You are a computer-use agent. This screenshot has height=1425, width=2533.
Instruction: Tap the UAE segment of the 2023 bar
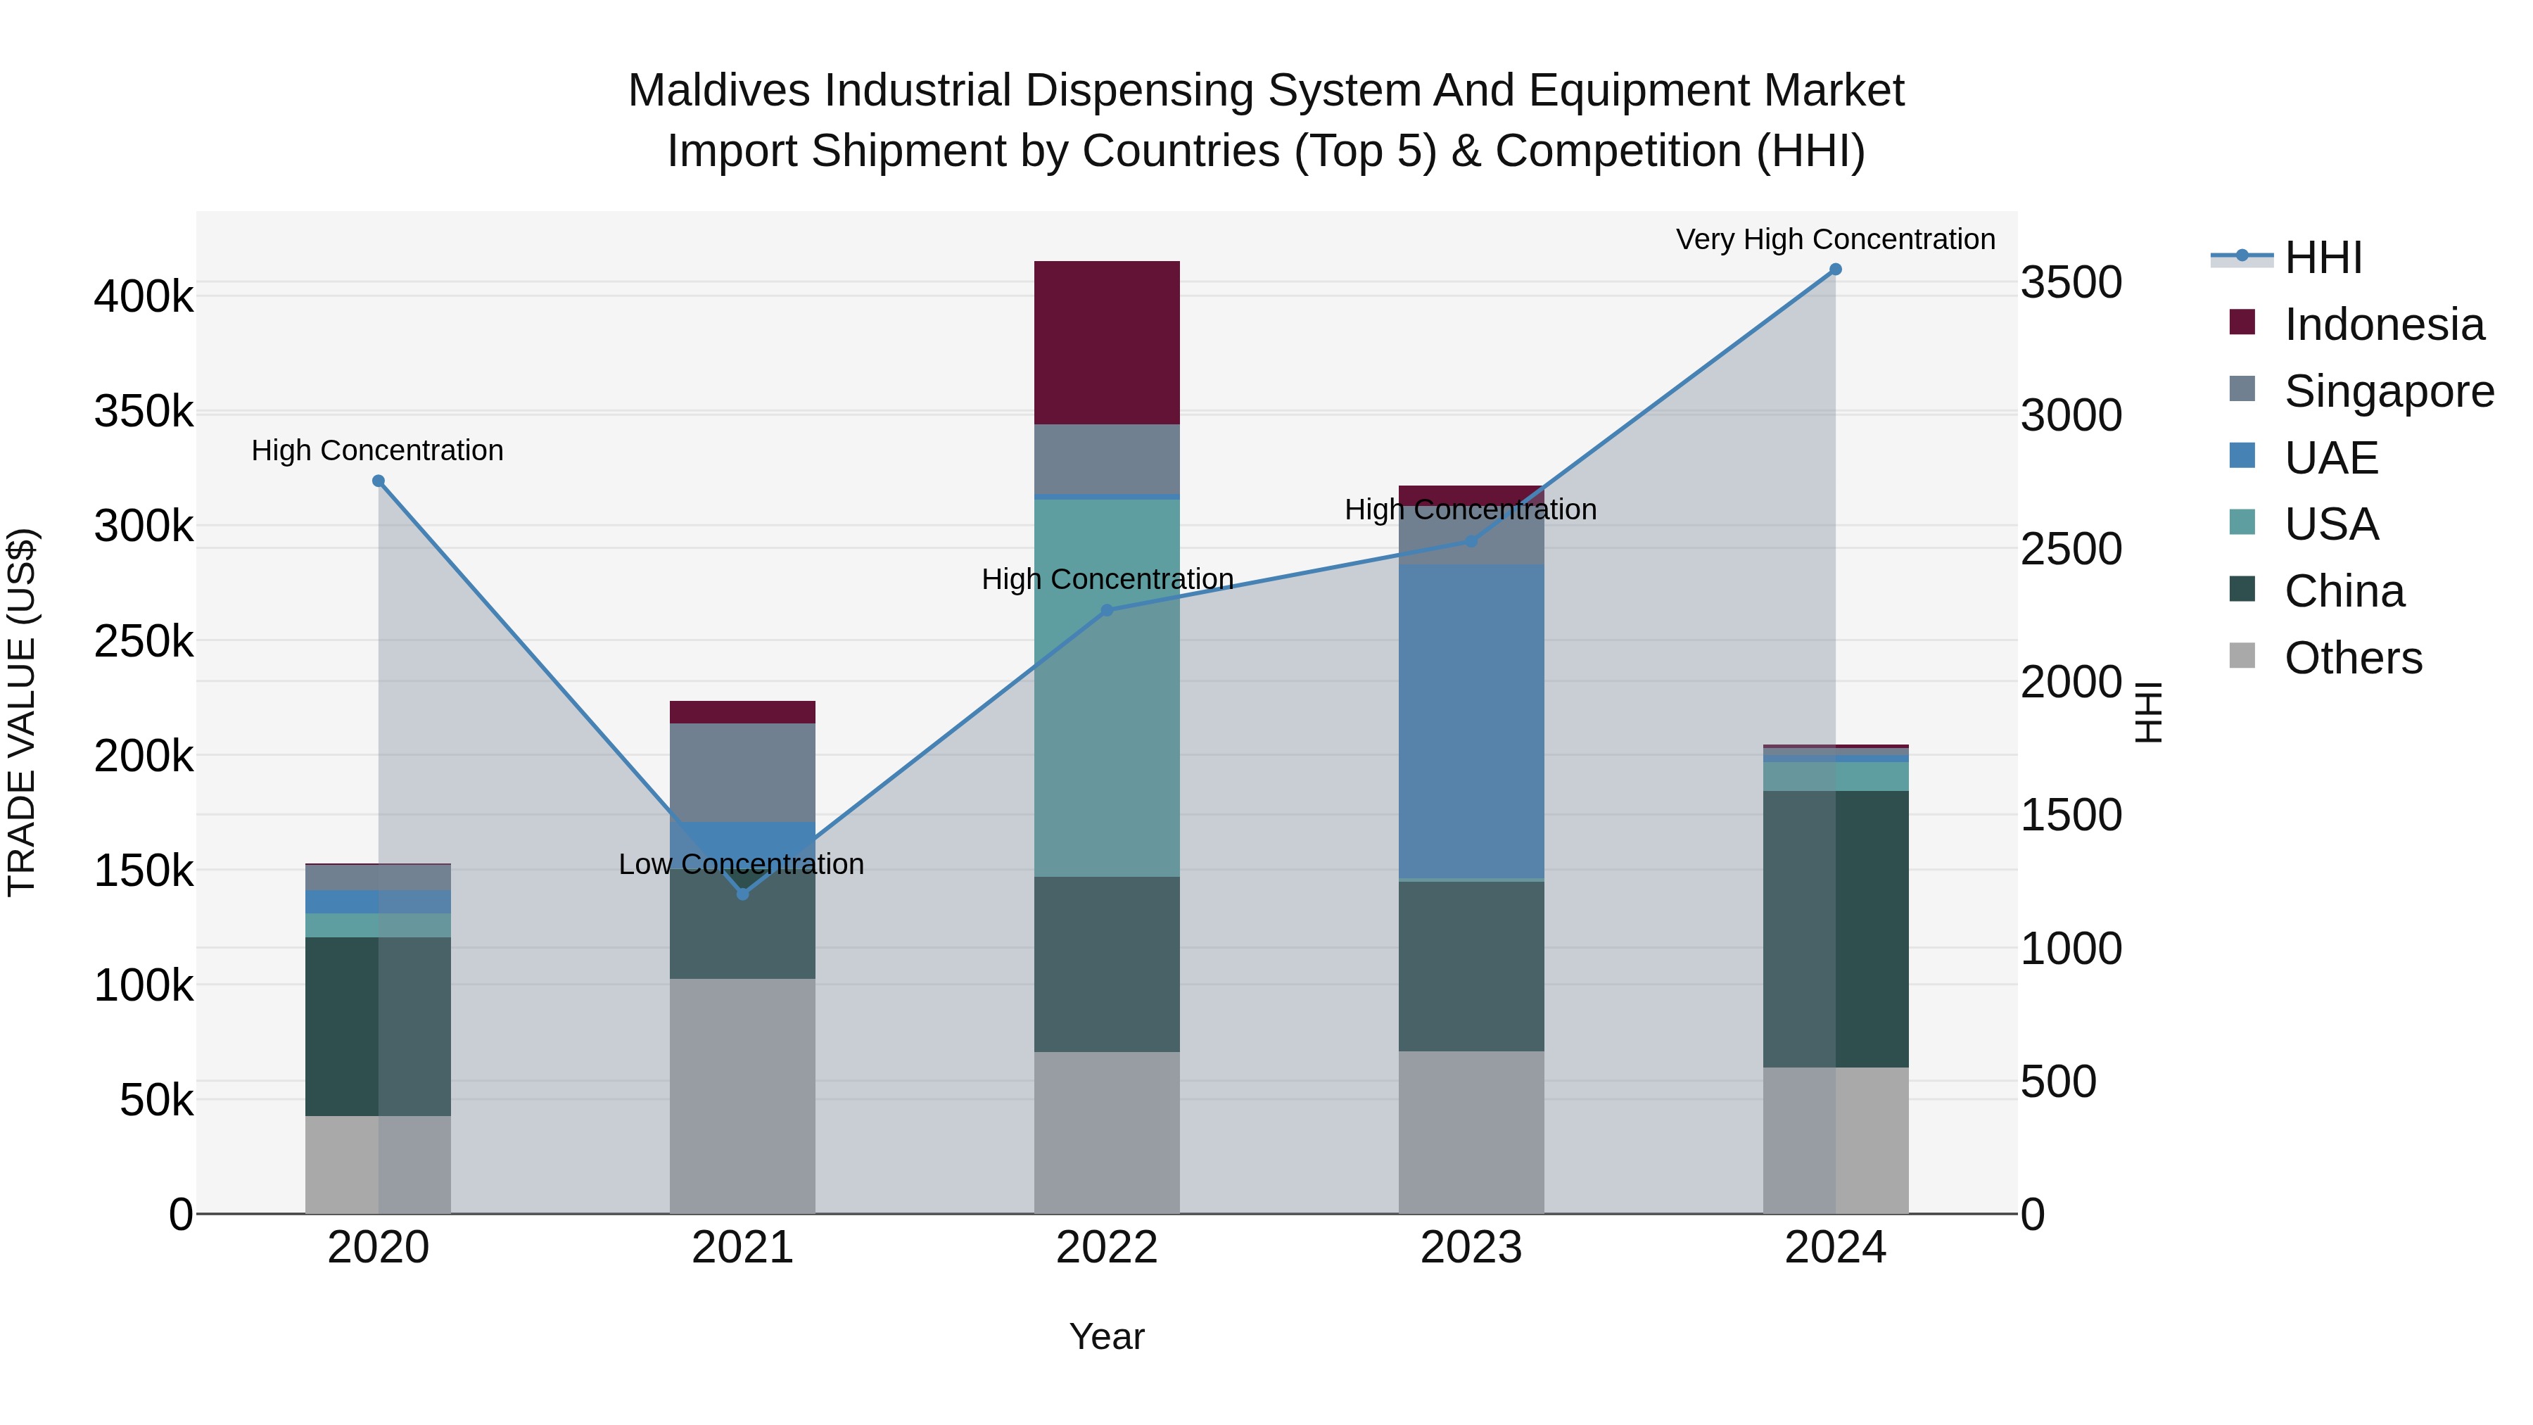1471,720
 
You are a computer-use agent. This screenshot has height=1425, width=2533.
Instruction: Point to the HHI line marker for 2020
379,481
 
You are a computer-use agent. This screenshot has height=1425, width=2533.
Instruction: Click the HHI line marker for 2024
1835,270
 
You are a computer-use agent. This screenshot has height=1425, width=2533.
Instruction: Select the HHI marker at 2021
742,894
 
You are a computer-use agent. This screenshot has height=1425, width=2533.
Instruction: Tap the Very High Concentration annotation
1835,239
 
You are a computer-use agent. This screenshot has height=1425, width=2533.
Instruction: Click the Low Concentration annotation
742,863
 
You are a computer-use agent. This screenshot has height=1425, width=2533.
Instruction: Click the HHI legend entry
2323,258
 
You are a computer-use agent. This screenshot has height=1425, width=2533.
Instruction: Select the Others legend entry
2353,658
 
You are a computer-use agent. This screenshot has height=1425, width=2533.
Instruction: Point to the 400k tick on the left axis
144,296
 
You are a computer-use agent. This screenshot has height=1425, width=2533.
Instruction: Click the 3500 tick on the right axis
2071,282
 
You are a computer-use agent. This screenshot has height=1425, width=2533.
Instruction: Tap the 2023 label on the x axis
1471,1248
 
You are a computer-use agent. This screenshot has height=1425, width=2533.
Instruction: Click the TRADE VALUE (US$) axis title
22,712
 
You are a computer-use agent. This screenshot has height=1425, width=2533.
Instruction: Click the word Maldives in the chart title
720,91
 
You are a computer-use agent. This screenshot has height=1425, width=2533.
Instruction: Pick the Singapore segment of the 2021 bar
742,771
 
